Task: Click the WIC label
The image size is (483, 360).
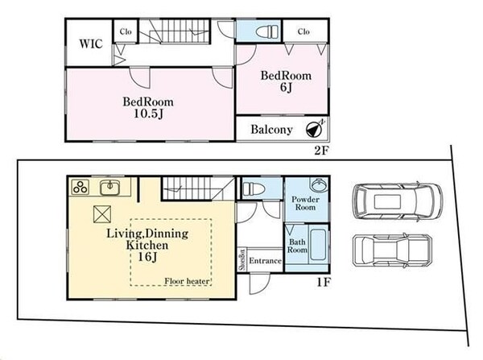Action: click(x=91, y=43)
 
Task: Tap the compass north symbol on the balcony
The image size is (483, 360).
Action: click(x=315, y=129)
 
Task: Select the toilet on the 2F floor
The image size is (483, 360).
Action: click(x=266, y=31)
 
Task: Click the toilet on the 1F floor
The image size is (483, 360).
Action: click(x=254, y=189)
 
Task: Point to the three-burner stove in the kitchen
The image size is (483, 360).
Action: click(x=80, y=187)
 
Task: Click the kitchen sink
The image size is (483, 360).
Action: click(x=110, y=188)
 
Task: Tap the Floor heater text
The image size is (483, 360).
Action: click(x=187, y=281)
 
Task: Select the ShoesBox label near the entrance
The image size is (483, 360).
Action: click(x=242, y=259)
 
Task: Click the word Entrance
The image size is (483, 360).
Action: click(x=265, y=261)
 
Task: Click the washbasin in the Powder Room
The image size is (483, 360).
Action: click(x=320, y=185)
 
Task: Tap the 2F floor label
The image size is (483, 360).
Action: click(x=321, y=151)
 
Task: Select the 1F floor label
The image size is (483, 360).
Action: click(x=324, y=282)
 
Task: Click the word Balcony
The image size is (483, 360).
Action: click(x=271, y=130)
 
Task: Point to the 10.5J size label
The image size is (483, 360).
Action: click(x=148, y=114)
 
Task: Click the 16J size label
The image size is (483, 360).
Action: click(x=147, y=256)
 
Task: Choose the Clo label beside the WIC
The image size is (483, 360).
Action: click(x=126, y=31)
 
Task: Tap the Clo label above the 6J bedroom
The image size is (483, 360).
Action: click(x=303, y=31)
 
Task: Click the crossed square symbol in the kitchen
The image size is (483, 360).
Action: click(x=102, y=214)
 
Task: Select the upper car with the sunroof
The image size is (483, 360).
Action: click(x=398, y=201)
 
